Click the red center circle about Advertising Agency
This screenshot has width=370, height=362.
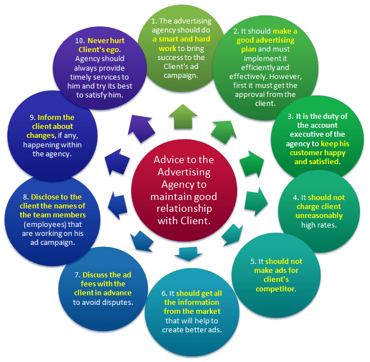click(x=184, y=190)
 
